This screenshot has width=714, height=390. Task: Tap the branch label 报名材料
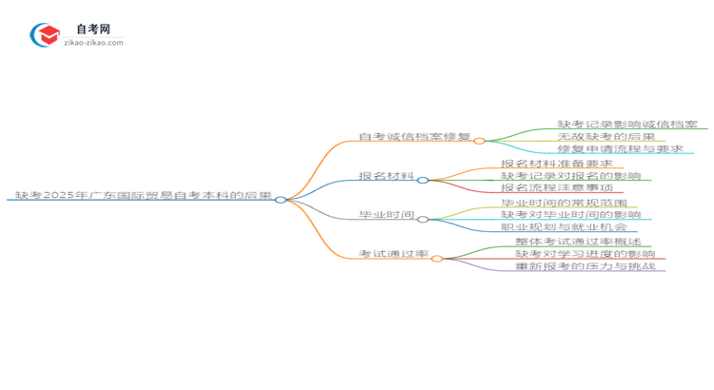386,176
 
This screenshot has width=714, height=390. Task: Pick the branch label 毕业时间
386,216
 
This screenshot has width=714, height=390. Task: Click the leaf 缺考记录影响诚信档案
626,125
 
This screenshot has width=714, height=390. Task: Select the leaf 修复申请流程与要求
620,149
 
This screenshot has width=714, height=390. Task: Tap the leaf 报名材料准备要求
557,164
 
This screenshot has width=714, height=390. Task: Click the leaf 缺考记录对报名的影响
570,176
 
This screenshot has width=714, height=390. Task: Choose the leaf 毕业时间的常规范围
564,203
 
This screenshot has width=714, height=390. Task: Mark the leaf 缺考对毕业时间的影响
570,215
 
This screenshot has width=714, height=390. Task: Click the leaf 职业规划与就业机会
564,227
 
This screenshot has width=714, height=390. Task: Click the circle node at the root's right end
281,200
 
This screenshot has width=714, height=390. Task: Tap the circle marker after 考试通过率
436,258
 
